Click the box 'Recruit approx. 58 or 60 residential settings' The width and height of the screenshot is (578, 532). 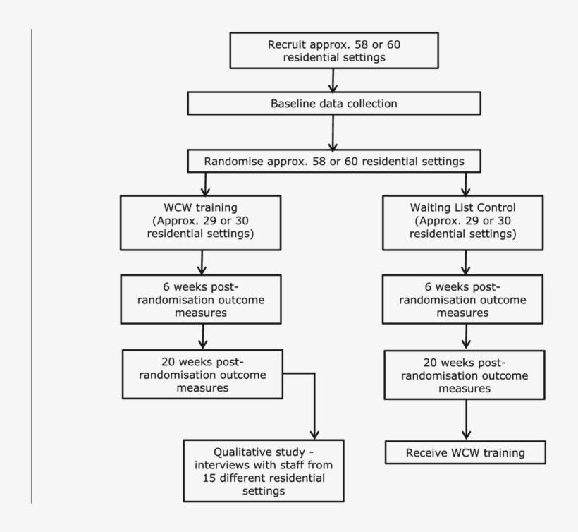point(334,51)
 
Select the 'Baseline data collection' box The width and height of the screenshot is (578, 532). point(334,104)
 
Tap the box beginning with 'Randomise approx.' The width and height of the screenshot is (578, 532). point(334,161)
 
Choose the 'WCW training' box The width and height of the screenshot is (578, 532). point(202,222)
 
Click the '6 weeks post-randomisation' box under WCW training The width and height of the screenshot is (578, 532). point(202,299)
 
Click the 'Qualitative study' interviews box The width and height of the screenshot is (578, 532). point(264,471)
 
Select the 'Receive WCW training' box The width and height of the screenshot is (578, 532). point(465,452)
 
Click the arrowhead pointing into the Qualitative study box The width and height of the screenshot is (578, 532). point(314,433)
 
